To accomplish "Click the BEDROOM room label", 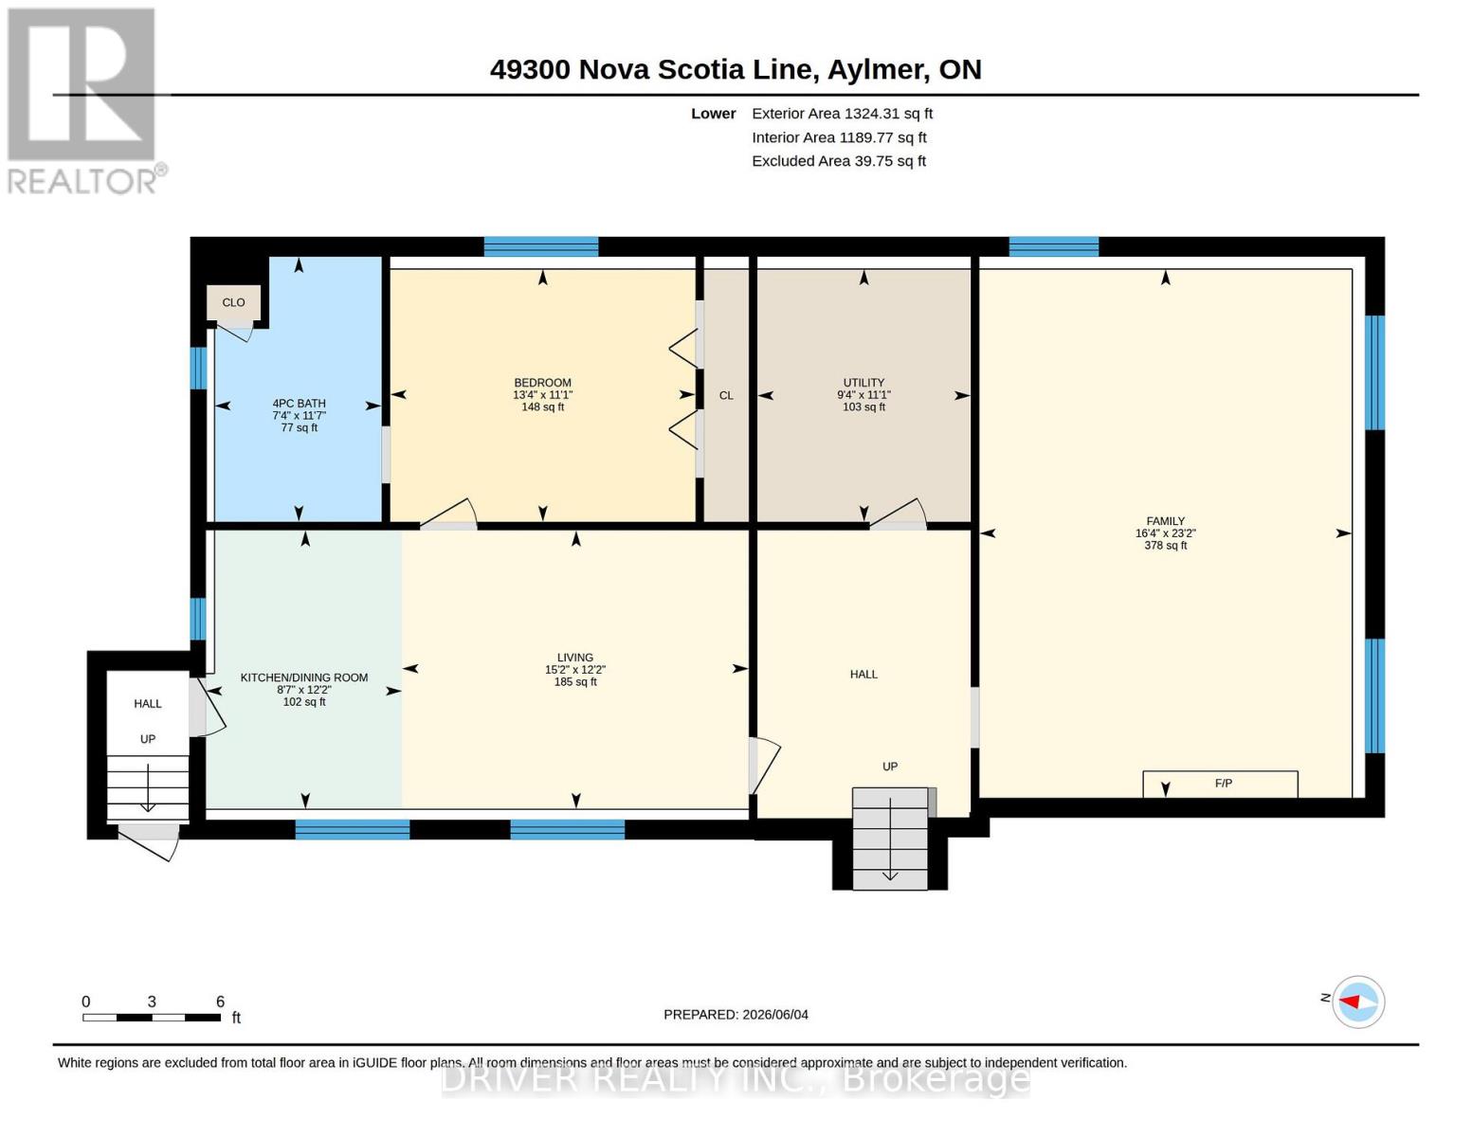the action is [542, 382].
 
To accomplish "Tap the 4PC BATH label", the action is [299, 403].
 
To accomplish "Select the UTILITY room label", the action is [863, 382].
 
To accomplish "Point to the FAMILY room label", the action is [1165, 521].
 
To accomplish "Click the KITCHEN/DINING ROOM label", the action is [304, 677].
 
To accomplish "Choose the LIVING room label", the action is [575, 658].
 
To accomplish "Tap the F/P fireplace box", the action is [1220, 784].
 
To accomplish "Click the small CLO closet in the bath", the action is [233, 302].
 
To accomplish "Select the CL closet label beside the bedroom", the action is [726, 395].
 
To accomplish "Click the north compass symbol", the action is [1357, 1002].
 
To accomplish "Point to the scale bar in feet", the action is [151, 1017].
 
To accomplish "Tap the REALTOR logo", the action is [83, 101].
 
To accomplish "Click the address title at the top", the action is [736, 70].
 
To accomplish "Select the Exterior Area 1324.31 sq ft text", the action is [842, 114].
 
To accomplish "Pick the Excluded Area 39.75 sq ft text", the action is [839, 161].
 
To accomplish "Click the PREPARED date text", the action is [736, 1015].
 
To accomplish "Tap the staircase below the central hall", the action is [889, 839].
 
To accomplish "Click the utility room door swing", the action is [899, 514].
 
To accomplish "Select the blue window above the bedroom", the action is [540, 246].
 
